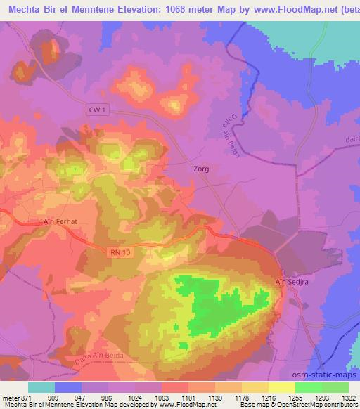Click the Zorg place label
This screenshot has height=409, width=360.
[201, 169]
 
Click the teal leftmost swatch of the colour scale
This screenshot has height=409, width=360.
[41, 387]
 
